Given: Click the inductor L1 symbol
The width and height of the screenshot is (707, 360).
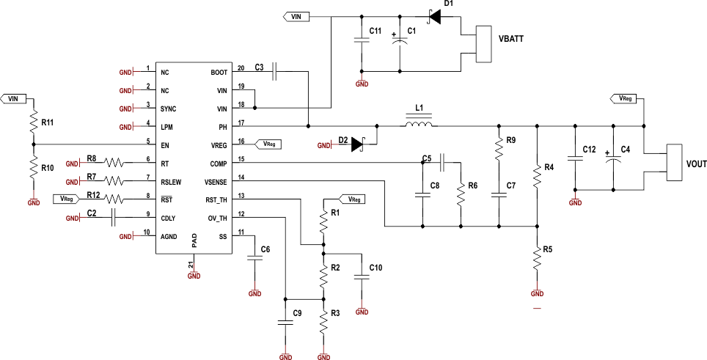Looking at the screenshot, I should coord(418,125).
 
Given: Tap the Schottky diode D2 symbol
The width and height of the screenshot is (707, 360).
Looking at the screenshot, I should coord(359,145).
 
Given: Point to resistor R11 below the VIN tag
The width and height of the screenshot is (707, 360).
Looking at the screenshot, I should coord(33,122).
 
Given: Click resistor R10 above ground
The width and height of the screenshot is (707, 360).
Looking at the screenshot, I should coord(33,169).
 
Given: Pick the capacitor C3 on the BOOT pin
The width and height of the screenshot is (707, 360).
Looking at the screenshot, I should coord(274,71).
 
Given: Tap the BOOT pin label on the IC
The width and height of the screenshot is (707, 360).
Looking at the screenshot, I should coord(219,73).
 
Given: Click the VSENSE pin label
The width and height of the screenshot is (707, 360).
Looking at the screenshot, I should coord(215,181).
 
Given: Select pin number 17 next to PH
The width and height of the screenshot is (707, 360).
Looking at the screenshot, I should coord(241,122).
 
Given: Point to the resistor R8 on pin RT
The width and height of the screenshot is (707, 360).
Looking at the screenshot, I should coord(116,163).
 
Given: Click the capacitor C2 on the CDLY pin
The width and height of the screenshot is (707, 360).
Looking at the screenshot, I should coord(114,217).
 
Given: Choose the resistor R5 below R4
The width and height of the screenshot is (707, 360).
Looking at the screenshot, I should coord(537,258).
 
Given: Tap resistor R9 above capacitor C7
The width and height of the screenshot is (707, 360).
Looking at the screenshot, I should coord(499,150).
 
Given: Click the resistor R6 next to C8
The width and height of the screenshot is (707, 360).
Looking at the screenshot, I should coord(461,195).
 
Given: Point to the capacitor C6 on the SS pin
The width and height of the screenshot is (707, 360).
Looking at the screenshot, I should coord(254,257).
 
